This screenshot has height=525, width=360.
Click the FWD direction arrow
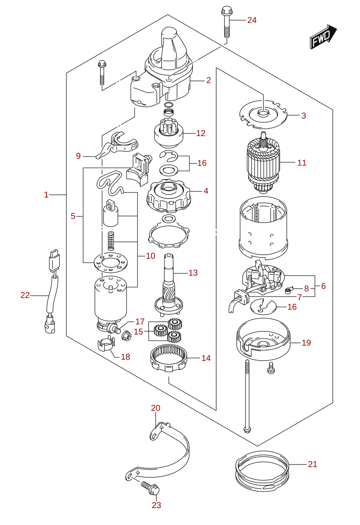click(x=324, y=36)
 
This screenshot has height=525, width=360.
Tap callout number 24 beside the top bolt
click(x=252, y=21)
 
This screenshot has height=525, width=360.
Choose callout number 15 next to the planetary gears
click(x=139, y=332)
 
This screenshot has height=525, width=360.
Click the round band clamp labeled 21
click(x=262, y=471)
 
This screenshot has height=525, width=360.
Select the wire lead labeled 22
click(x=52, y=291)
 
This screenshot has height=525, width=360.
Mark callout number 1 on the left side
click(x=46, y=195)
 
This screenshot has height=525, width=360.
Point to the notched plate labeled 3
click(x=263, y=115)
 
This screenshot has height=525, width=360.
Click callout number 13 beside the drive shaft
click(x=193, y=273)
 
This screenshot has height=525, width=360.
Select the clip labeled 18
click(x=106, y=345)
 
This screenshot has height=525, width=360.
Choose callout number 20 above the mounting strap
click(x=156, y=408)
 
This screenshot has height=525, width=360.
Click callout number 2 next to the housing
click(x=209, y=80)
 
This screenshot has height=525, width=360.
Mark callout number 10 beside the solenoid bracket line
click(x=150, y=256)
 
